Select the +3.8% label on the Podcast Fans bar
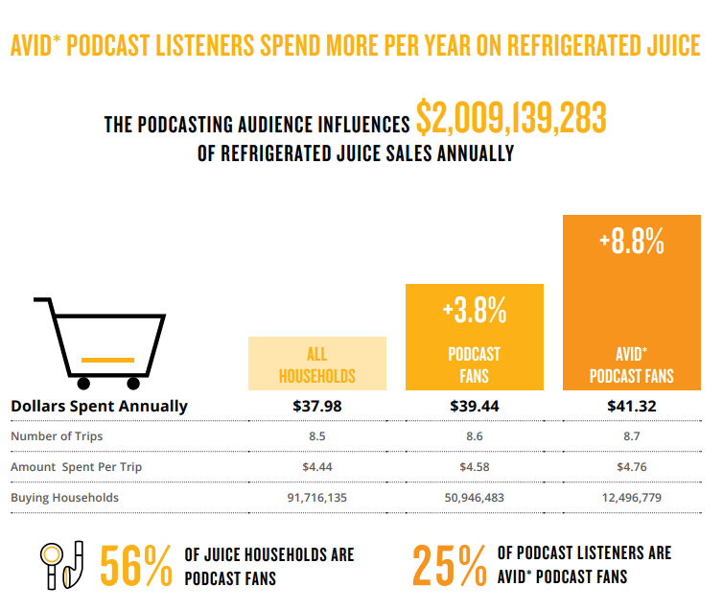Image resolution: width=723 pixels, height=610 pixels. pyautogui.click(x=475, y=311)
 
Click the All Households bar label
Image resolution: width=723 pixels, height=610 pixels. pyautogui.click(x=316, y=364)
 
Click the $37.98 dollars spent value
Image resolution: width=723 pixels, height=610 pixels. pyautogui.click(x=316, y=406)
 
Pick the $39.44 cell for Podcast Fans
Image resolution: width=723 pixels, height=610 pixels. pyautogui.click(x=475, y=406)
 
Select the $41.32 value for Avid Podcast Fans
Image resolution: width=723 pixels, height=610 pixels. pyautogui.click(x=632, y=406)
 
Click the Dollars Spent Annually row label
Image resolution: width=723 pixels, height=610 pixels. pyautogui.click(x=99, y=406)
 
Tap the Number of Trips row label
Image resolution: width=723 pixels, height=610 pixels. pyautogui.click(x=57, y=436)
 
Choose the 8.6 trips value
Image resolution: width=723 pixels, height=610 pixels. pyautogui.click(x=475, y=436)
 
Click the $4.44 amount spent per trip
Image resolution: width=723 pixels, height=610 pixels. pyautogui.click(x=316, y=467)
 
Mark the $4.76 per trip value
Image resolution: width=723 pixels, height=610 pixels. pyautogui.click(x=632, y=467)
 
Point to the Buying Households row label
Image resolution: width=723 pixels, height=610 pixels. pyautogui.click(x=65, y=498)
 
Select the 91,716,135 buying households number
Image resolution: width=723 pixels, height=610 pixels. pyautogui.click(x=316, y=498)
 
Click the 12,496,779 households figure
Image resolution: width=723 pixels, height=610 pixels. pyautogui.click(x=632, y=498)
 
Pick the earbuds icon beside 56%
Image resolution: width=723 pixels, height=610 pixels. pyautogui.click(x=63, y=566)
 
